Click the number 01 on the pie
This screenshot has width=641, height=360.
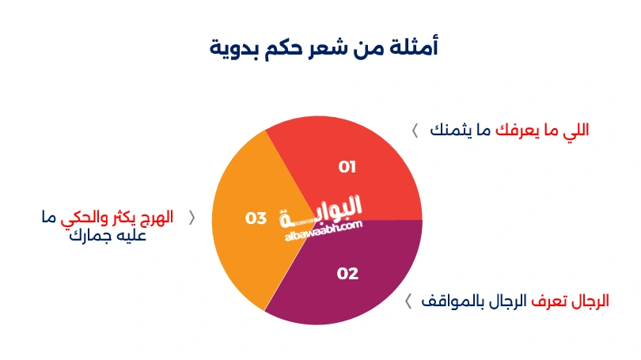pos(347,167)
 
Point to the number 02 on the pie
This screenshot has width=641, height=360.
pos(347,274)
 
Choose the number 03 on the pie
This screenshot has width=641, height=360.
pos(256,218)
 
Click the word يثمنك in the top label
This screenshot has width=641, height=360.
pos(449,131)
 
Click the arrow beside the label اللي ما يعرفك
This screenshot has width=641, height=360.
pos(415,131)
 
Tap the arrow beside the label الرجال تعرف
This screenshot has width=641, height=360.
pos(408,301)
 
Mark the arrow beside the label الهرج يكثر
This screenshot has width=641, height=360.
pos(191,218)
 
